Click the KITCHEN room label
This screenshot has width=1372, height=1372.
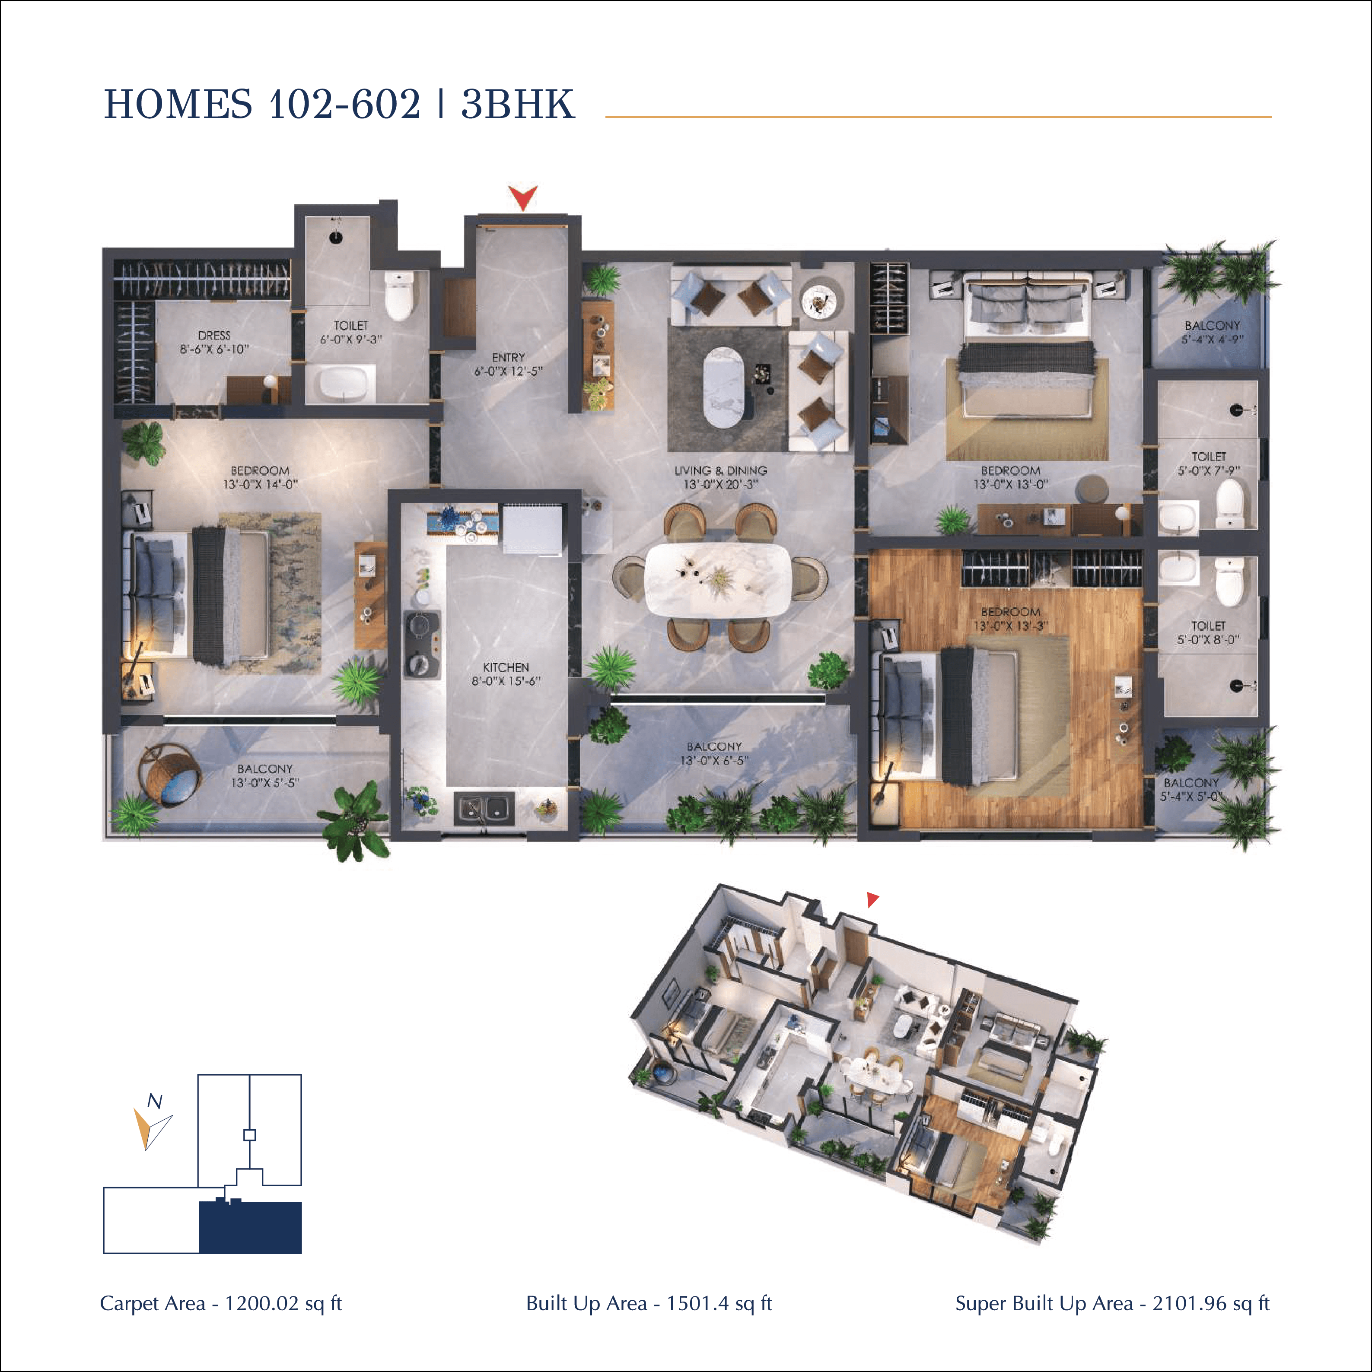[506, 667]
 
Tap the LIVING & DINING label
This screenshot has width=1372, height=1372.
[720, 470]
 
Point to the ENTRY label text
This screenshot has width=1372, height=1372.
[508, 357]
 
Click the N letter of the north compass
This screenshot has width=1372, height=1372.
[154, 1102]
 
